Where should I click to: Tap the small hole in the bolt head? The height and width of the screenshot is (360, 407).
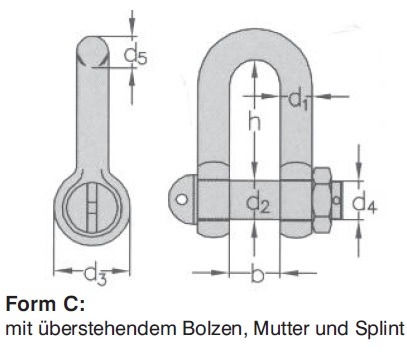[x=182, y=198]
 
